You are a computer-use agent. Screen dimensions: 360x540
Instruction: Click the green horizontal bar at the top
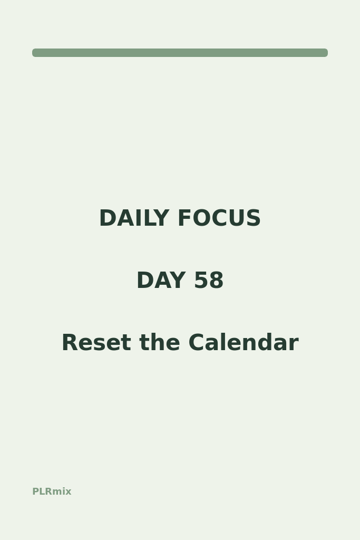[180, 53]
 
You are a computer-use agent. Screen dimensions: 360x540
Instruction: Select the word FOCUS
[219, 218]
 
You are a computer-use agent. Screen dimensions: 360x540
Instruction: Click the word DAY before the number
[161, 280]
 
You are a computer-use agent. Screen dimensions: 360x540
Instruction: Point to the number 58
[209, 280]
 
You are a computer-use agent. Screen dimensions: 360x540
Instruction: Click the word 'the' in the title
[160, 342]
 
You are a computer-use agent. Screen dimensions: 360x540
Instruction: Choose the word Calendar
[244, 342]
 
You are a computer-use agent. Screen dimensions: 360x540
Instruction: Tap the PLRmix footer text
[52, 491]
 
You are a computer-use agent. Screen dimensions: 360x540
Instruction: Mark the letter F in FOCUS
[184, 218]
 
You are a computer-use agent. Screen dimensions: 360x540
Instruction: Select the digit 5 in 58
[201, 280]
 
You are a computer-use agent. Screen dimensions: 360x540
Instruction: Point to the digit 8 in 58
[217, 280]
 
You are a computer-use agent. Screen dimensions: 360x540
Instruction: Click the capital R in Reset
[70, 343]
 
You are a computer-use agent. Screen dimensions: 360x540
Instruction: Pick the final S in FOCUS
[254, 218]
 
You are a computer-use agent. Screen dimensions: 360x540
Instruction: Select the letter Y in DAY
[178, 280]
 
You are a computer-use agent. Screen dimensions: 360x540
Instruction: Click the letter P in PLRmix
[35, 491]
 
